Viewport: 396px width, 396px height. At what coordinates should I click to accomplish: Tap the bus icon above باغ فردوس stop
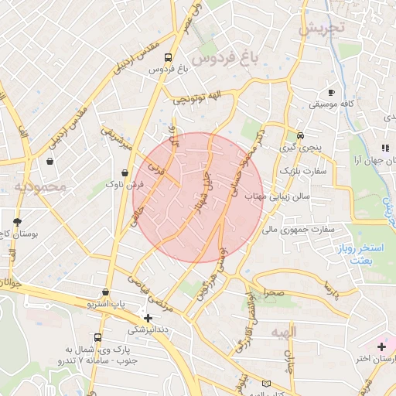pyautogui.click(x=169, y=56)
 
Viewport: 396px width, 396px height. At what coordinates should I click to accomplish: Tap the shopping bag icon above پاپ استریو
pyautogui.click(x=105, y=292)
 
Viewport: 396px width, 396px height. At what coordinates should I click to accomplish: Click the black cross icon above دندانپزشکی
pyautogui.click(x=148, y=317)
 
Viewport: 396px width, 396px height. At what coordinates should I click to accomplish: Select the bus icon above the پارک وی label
pyautogui.click(x=97, y=338)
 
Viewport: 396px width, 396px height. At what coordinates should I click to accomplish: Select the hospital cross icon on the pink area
pyautogui.click(x=381, y=346)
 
